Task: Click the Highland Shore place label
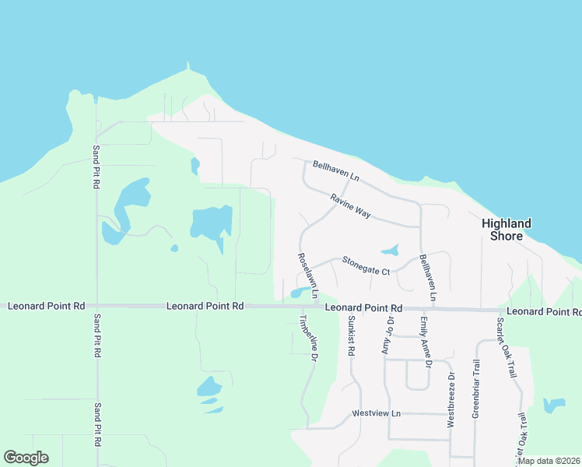(x=506, y=230)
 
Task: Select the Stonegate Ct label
(x=366, y=265)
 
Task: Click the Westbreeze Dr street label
(x=451, y=399)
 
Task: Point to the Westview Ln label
(x=375, y=413)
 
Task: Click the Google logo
(x=26, y=458)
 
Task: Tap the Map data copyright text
(x=549, y=461)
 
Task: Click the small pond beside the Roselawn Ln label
(x=298, y=293)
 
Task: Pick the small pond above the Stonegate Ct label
(x=390, y=251)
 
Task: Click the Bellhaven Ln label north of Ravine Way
(x=335, y=171)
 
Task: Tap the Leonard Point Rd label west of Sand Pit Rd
(x=46, y=307)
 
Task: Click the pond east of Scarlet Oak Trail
(x=553, y=406)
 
